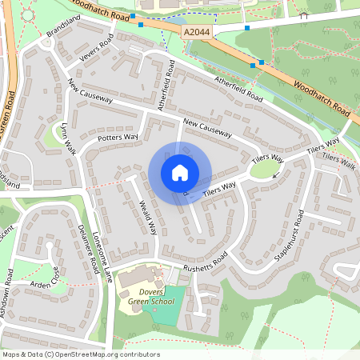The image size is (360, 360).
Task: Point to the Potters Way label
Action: [118, 138]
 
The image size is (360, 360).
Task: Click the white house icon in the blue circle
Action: [180, 173]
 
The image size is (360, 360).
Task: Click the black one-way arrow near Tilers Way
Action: [277, 174]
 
